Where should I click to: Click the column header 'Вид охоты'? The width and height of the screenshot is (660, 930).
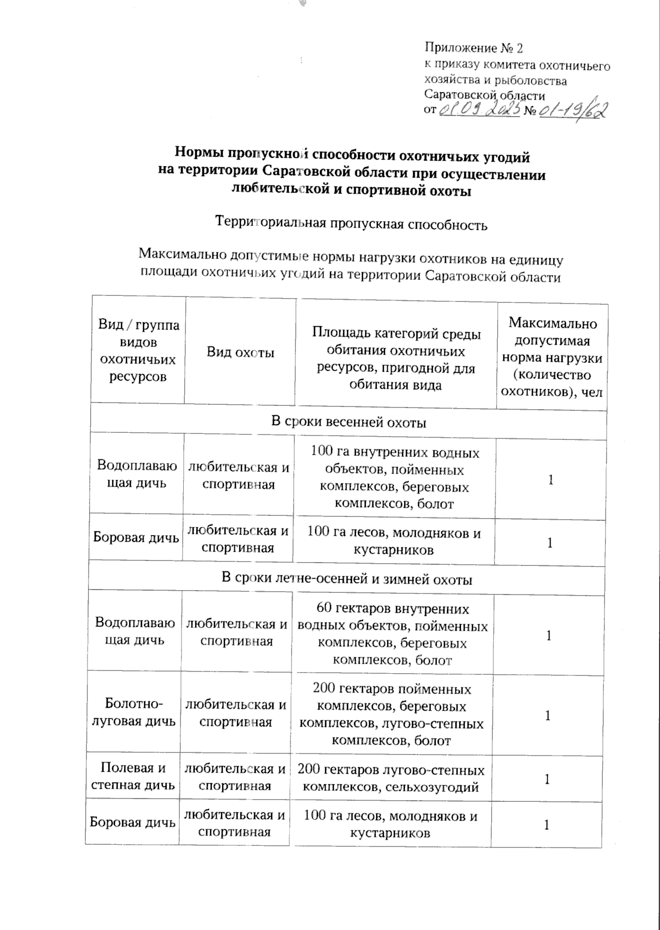click(x=240, y=353)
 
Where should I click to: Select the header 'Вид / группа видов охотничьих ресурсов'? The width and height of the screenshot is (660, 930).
click(x=139, y=350)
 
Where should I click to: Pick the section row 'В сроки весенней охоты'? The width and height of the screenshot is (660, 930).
click(x=349, y=422)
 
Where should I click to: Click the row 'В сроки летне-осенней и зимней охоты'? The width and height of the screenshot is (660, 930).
click(x=346, y=579)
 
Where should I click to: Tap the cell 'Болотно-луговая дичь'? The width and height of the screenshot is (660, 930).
click(x=134, y=712)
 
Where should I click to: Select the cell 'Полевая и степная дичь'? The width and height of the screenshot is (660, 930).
click(x=134, y=776)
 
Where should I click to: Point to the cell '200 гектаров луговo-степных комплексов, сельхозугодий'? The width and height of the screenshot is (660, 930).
click(x=391, y=778)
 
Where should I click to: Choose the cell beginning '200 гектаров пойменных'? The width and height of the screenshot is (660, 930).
click(x=392, y=714)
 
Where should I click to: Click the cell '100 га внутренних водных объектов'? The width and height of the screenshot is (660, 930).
click(x=394, y=478)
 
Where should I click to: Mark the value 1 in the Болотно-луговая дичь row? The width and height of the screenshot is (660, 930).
click(x=548, y=715)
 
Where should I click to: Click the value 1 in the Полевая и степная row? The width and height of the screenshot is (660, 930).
click(x=547, y=779)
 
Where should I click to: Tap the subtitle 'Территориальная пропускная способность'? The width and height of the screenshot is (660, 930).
click(x=351, y=224)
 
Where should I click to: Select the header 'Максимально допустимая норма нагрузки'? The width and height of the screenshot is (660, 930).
click(x=552, y=357)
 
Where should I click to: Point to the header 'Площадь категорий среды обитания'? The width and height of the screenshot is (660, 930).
click(x=395, y=359)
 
